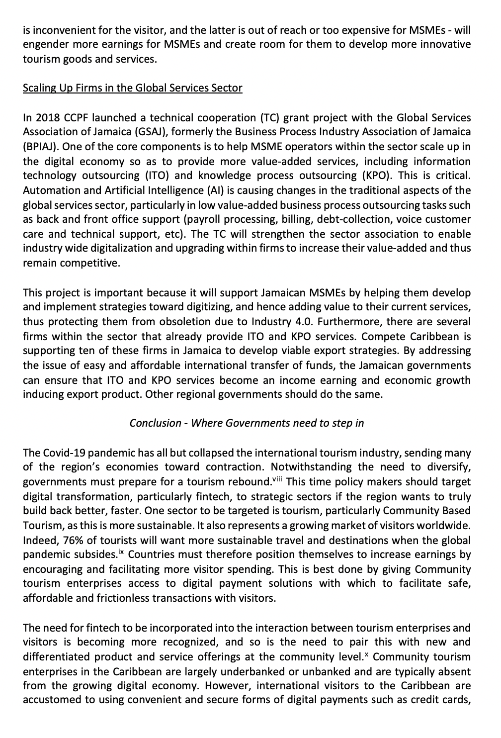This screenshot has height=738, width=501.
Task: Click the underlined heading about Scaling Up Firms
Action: point(133,89)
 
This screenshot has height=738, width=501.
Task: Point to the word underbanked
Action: point(219,672)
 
